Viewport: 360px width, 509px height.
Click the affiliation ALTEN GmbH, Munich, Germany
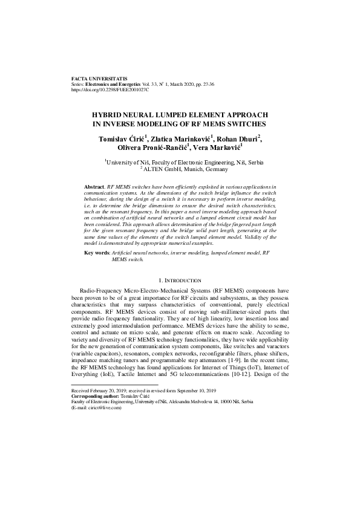click(x=182, y=170)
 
